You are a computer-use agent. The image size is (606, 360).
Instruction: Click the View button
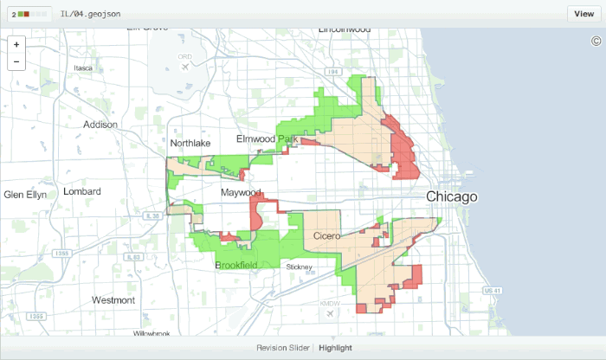[583, 14]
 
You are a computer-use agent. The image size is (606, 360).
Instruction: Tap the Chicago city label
[451, 198]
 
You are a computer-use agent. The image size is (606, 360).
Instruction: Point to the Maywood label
[241, 192]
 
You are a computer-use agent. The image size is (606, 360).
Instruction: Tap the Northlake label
[190, 144]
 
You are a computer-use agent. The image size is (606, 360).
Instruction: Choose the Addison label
[100, 125]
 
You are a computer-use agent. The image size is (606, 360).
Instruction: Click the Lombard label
[82, 191]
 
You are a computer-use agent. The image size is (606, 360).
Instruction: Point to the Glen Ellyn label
[26, 194]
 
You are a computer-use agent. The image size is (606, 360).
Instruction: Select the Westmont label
[113, 300]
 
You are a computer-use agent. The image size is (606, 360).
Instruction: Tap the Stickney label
[300, 267]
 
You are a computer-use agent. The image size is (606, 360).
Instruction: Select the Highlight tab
[335, 348]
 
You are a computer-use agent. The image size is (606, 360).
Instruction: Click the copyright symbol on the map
[596, 41]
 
